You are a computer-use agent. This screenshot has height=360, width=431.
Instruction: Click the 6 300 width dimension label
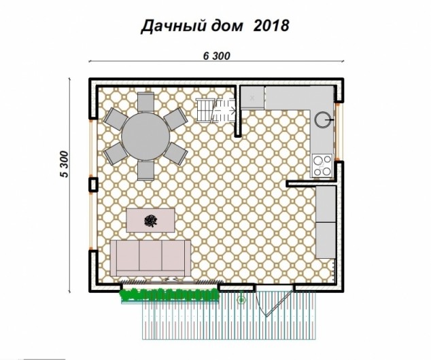pos(217,56)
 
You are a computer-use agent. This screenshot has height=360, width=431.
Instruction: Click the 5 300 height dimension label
pos(64,164)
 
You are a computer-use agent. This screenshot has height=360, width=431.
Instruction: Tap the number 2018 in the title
pos(271,26)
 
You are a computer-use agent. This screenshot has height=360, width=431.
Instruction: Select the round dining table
pos(145,137)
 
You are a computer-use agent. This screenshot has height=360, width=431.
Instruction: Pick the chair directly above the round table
pos(145,102)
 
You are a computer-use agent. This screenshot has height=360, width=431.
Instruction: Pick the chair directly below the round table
pos(145,170)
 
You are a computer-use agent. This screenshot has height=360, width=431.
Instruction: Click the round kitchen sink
pos(322,120)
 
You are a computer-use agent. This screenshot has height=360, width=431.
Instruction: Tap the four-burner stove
pos(322,166)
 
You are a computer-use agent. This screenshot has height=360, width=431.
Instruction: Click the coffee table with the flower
pos(150,220)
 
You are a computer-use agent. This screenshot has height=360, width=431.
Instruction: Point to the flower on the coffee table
pos(151,221)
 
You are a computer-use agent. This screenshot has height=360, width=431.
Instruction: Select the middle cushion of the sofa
pos(150,255)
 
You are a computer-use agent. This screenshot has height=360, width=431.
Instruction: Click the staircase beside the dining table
pos(215,111)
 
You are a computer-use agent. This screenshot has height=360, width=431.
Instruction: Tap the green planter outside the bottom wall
pos(169,295)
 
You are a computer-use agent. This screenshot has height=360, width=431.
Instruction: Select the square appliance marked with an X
pos(252,98)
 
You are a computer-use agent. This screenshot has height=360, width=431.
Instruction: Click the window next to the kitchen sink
pos(339,132)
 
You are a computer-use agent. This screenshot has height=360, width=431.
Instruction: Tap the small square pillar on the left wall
pos(93,184)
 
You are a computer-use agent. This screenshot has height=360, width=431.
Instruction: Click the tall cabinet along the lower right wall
pos(326,222)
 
